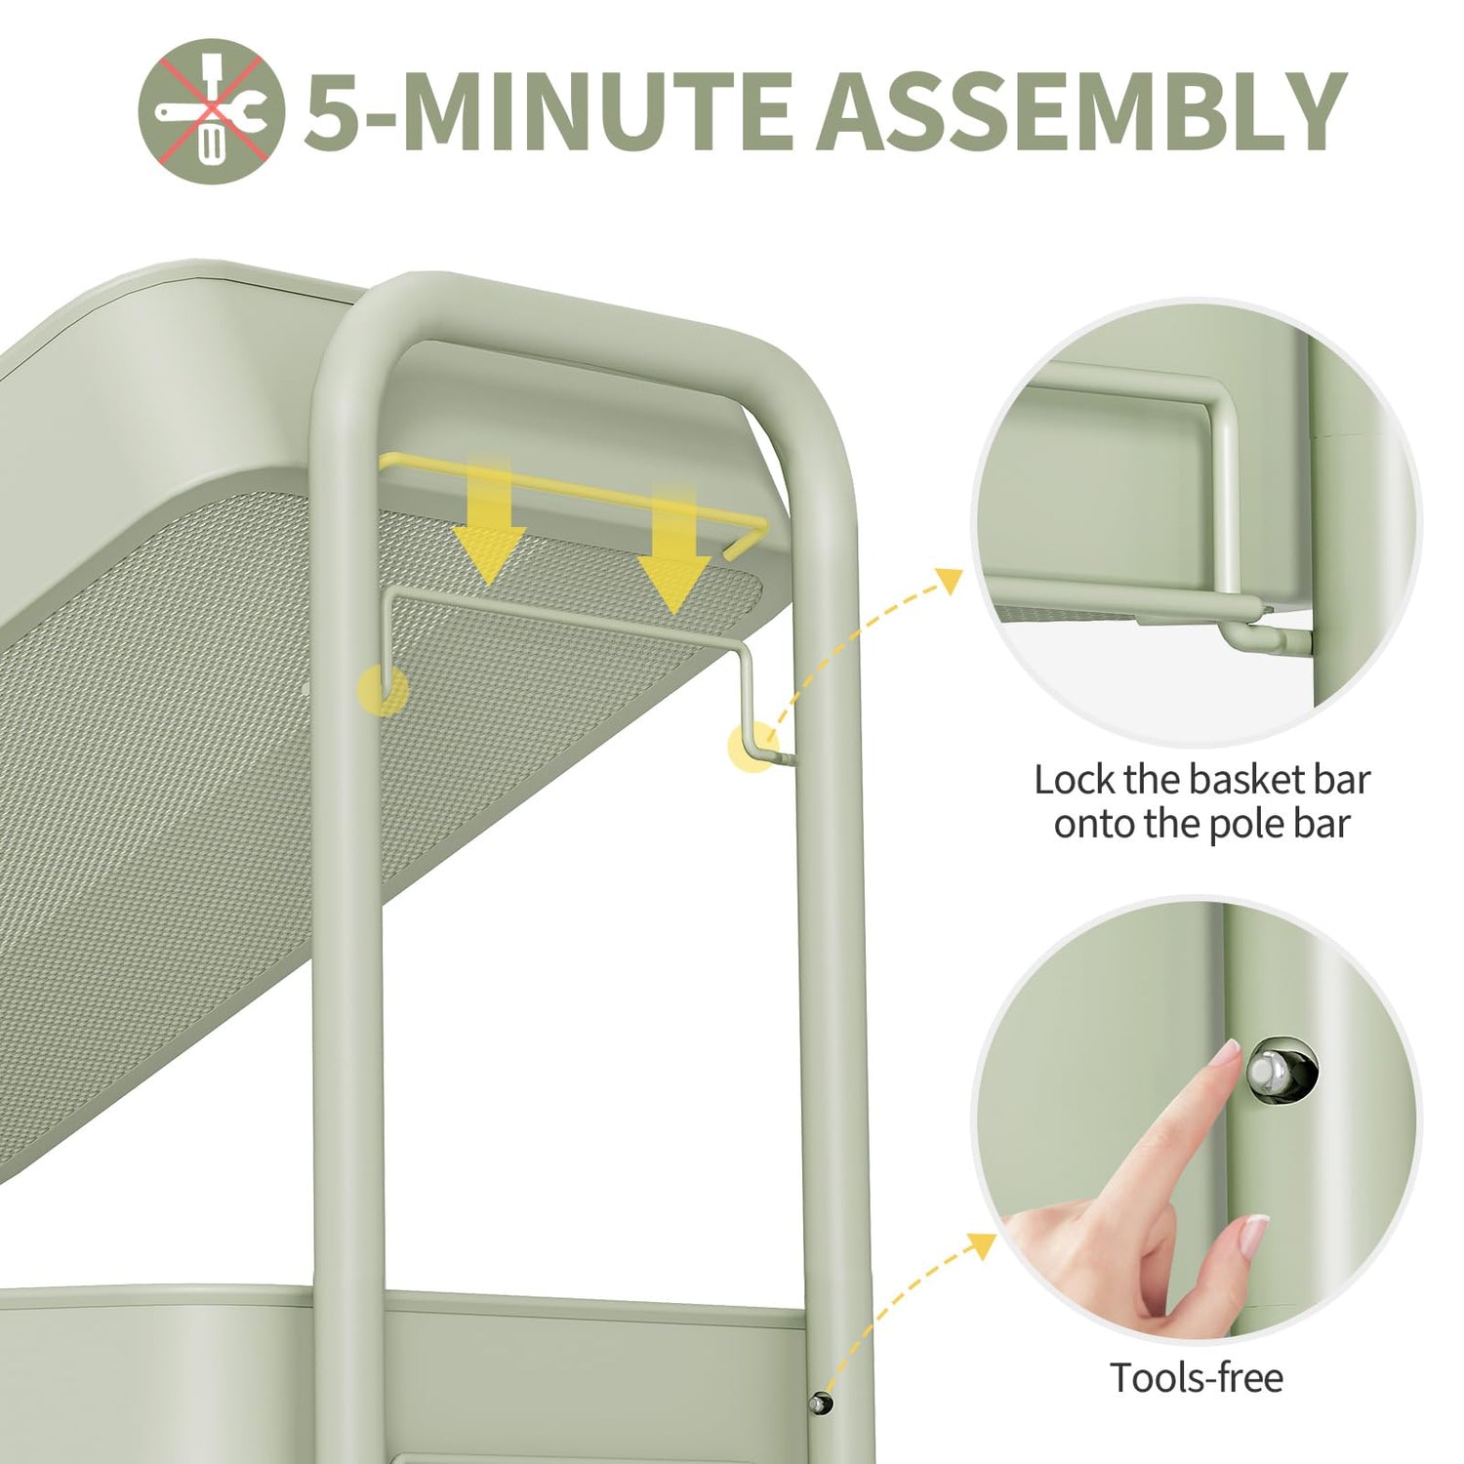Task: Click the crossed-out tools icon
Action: [x=212, y=111]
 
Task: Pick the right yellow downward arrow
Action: [x=674, y=547]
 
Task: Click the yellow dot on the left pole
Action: [x=383, y=689]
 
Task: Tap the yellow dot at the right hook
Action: [x=753, y=749]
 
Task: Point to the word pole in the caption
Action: [x=1246, y=825]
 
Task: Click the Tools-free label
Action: [x=1197, y=1378]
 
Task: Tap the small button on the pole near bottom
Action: [x=821, y=1403]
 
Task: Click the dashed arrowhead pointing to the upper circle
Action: [x=947, y=578]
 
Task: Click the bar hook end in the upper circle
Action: [x=1259, y=636]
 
